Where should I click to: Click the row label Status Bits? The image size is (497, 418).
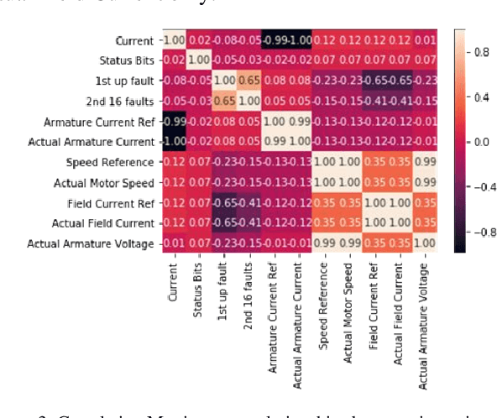124,60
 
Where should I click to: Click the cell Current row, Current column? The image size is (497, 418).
172,40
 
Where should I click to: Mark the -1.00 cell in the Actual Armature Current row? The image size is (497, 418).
172,142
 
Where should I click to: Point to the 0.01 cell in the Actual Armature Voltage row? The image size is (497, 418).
172,243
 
